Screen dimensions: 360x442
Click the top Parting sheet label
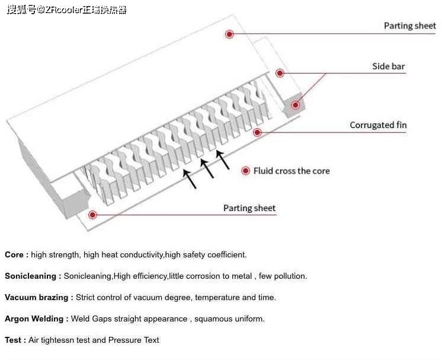point(409,26)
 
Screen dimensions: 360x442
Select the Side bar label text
point(388,66)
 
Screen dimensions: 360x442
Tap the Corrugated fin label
point(378,125)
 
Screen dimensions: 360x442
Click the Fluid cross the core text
point(292,171)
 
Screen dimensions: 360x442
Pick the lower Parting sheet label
point(249,208)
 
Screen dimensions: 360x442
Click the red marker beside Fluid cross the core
point(245,171)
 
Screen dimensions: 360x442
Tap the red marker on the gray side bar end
point(295,105)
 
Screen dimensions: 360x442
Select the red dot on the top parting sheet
point(229,34)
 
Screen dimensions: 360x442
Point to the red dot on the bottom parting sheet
point(92,214)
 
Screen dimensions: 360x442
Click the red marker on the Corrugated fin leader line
point(257,132)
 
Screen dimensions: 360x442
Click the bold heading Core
point(16,255)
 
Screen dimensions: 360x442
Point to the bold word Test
point(15,340)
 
